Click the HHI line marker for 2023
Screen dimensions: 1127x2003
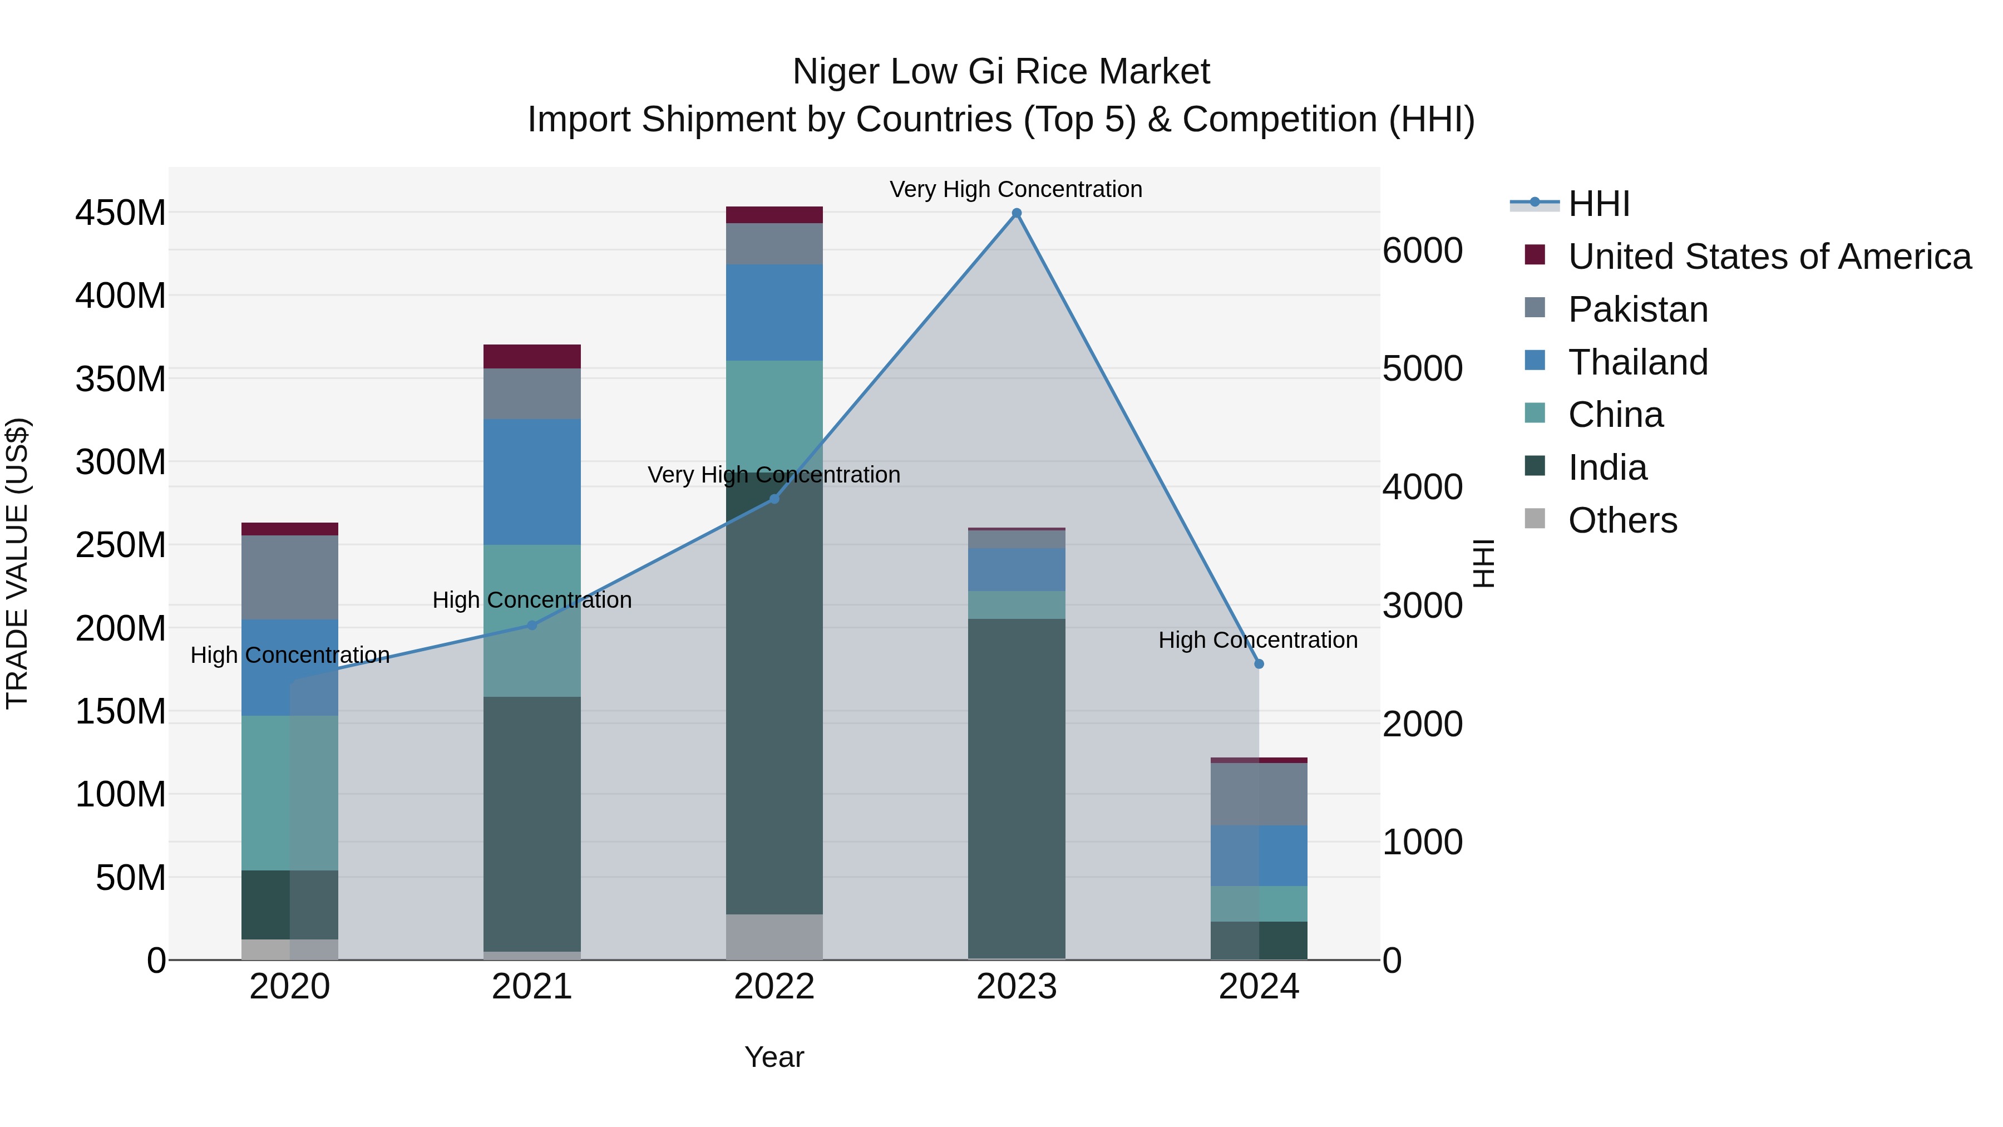tap(1017, 213)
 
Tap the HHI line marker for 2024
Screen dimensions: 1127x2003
tap(1259, 663)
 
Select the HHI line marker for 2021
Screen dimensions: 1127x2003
tap(532, 624)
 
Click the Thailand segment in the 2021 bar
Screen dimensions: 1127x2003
tap(532, 481)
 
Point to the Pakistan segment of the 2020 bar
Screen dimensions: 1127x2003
tap(289, 577)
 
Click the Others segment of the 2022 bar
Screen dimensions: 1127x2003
tap(774, 937)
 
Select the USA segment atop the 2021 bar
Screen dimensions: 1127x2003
tap(532, 356)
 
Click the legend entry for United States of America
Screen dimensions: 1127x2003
tap(1769, 257)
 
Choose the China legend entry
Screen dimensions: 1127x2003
tap(1615, 415)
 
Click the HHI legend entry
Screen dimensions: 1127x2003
tap(1598, 204)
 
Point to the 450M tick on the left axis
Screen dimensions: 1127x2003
tap(121, 213)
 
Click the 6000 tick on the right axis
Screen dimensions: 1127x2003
tap(1422, 250)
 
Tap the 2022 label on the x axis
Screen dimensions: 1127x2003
tap(774, 987)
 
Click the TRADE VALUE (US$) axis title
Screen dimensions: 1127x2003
tap(17, 563)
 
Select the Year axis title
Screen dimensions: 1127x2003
tap(774, 1057)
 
